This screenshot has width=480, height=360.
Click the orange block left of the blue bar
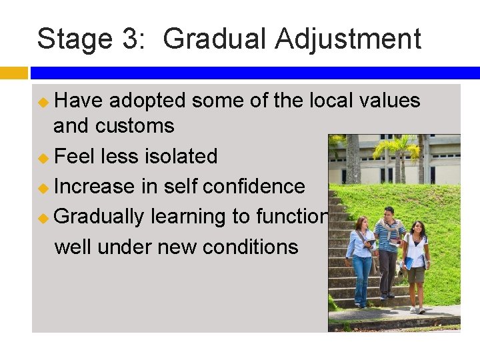pos(14,72)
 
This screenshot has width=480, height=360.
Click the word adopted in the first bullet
pos(146,101)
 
